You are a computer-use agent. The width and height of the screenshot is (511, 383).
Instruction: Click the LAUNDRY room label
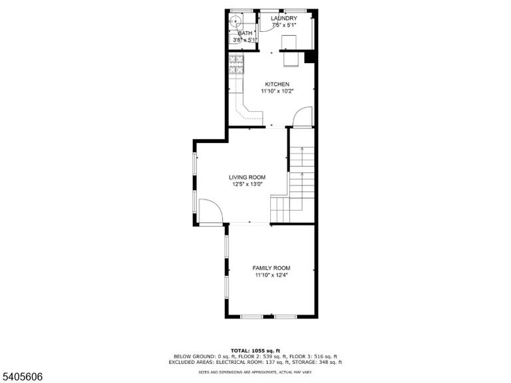(284, 18)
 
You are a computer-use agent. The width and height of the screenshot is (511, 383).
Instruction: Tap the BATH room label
(245, 33)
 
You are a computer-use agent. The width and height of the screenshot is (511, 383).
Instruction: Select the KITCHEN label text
(277, 84)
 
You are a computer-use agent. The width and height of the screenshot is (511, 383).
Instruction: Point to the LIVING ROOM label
(247, 178)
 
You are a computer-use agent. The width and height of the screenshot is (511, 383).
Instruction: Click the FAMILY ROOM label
(271, 268)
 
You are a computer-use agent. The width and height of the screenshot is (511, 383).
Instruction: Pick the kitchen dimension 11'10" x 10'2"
(277, 92)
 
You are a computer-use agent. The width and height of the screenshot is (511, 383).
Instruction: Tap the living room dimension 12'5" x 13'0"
(248, 184)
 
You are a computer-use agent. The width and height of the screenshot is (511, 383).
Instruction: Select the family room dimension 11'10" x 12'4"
(271, 275)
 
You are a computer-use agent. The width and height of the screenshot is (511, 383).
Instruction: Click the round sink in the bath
(235, 21)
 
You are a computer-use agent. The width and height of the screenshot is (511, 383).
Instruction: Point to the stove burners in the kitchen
(236, 64)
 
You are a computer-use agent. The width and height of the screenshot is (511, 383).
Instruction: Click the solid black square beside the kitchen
(309, 57)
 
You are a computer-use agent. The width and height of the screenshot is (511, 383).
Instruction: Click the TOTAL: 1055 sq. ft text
(255, 351)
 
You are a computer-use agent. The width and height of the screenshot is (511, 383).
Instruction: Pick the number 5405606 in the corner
(21, 377)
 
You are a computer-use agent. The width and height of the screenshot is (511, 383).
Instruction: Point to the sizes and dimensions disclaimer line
(255, 372)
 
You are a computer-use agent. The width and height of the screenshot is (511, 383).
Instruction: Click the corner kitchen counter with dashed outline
(247, 113)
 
